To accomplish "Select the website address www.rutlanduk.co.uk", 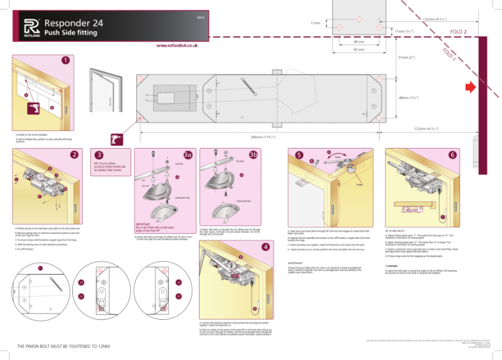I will coord(178,46).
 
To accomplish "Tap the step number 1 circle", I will coord(66,60).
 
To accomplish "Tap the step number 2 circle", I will coord(75,155).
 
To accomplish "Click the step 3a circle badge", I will coord(187,154).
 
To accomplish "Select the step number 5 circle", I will coord(299,155).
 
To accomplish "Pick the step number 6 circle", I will coord(452,155).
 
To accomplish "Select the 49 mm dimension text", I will coord(359,41).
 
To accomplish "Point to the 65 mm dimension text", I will coord(359,50).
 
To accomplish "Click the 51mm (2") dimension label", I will coord(407,58).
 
